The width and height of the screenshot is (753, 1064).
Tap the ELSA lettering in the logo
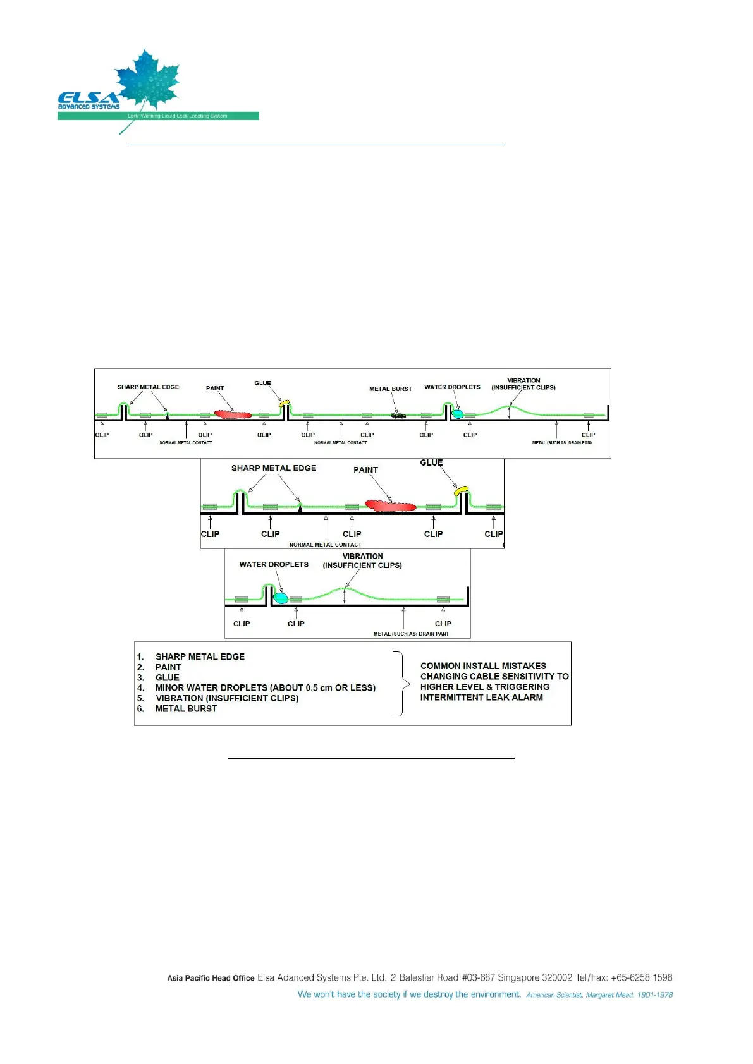88,97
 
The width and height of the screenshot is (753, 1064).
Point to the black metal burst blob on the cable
398,415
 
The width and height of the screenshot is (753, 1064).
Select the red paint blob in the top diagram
232,414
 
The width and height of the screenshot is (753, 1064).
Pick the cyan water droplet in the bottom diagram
281,598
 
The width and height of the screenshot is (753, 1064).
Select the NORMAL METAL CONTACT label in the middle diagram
325,544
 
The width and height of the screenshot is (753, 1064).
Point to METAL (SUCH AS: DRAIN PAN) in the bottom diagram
411,634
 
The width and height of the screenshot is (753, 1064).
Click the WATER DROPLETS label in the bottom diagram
274,564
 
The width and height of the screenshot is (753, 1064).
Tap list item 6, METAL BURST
186,708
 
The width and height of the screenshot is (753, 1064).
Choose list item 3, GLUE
168,677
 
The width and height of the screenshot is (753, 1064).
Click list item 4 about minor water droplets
265,687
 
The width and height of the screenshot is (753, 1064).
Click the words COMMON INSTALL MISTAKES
483,665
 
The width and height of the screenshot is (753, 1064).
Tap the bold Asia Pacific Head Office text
211,978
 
